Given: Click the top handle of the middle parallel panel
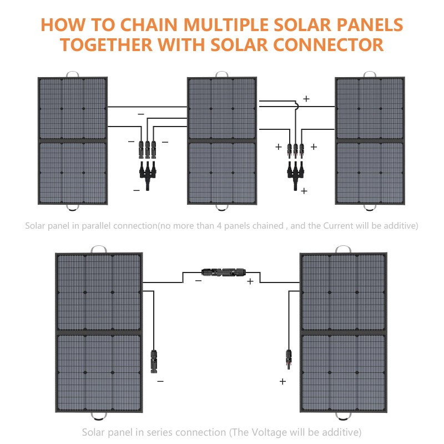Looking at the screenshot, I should (221, 74).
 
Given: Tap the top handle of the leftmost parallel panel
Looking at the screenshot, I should (72, 74).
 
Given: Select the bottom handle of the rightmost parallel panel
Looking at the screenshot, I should (370, 208).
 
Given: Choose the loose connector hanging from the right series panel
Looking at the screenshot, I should (289, 360).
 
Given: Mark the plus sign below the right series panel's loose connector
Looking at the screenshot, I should (282, 382).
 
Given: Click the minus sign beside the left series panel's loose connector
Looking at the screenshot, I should (160, 382).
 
